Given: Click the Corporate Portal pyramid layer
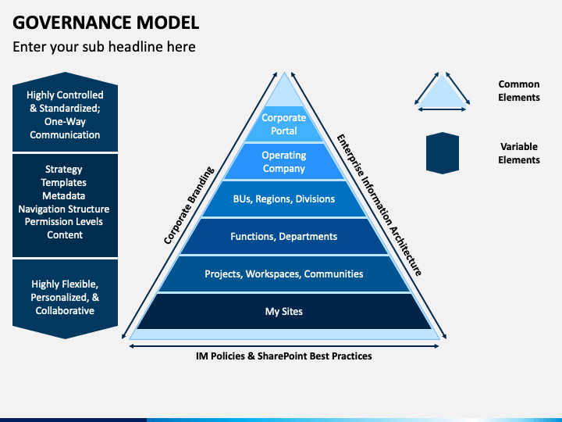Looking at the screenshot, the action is (x=284, y=124).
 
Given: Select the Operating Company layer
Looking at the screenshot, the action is (x=284, y=162).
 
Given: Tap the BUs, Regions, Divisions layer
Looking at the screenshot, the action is (x=284, y=198).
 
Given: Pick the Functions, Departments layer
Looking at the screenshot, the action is (x=284, y=236).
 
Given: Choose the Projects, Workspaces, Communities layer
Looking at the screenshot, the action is (x=284, y=274).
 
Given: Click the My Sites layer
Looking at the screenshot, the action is (x=284, y=311).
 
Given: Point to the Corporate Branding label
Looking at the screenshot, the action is (x=189, y=206).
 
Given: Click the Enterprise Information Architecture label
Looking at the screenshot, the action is (x=379, y=206).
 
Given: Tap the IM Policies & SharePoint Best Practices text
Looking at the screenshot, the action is (x=284, y=356).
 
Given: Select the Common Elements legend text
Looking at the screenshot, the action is (x=518, y=91).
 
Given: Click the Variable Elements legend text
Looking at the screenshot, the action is (x=518, y=153).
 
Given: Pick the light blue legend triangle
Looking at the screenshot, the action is (x=442, y=91).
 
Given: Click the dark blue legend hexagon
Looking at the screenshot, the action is (x=443, y=153).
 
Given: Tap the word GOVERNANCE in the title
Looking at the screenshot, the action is (x=72, y=23).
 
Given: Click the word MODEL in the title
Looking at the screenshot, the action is (x=167, y=23).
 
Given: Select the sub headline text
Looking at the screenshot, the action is (x=104, y=47).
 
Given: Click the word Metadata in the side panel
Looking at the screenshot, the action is (x=64, y=195).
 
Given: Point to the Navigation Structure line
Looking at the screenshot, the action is (x=64, y=209).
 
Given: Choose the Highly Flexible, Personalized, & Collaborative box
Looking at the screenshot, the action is (x=65, y=299).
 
